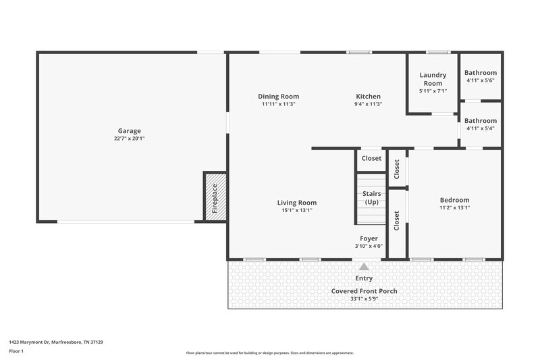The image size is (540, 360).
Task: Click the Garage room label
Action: tap(129, 131)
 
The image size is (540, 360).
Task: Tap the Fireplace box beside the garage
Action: tap(215, 197)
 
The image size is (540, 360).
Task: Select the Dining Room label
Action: tap(278, 97)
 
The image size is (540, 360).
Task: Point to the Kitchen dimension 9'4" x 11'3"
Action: tap(368, 105)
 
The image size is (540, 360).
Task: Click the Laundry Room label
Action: tap(433, 79)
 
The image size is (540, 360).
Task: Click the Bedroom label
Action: tap(454, 200)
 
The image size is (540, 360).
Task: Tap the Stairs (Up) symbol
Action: tap(371, 199)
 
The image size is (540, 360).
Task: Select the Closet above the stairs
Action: tap(371, 159)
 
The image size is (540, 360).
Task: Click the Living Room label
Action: tap(296, 203)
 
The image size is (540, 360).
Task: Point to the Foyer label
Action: tap(369, 238)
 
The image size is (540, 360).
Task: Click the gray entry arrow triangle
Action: tap(364, 267)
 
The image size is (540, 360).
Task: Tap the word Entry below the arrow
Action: tap(364, 278)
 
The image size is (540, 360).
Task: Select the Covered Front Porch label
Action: tap(364, 291)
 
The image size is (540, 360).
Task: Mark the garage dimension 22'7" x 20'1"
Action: tap(129, 138)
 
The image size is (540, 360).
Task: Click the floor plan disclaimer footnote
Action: tap(269, 353)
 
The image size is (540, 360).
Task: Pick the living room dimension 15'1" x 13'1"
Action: tap(296, 211)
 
